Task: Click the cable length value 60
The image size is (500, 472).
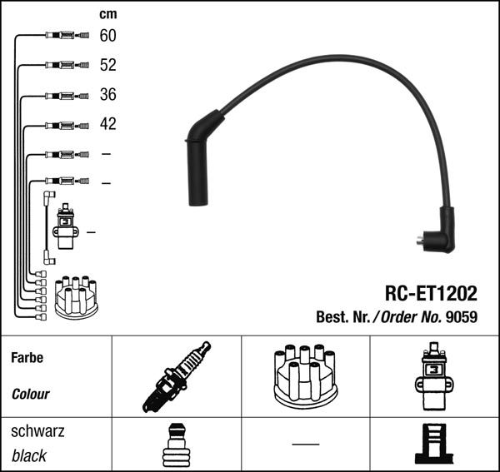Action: coord(108,36)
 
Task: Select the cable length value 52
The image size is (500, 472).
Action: coord(108,65)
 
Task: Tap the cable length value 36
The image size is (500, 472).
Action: coord(108,95)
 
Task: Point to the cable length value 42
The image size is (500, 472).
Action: coord(108,124)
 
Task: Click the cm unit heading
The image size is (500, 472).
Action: coord(107,14)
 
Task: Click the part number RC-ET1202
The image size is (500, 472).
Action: coord(431,294)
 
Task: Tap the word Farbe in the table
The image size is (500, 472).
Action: coord(27,358)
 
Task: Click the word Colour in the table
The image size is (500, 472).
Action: coord(31,394)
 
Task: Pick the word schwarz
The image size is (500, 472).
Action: coord(37,431)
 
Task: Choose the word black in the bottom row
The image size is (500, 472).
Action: coord(29,456)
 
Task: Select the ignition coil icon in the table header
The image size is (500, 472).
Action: coord(432,377)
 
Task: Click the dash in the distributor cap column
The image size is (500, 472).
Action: coord(305,444)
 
